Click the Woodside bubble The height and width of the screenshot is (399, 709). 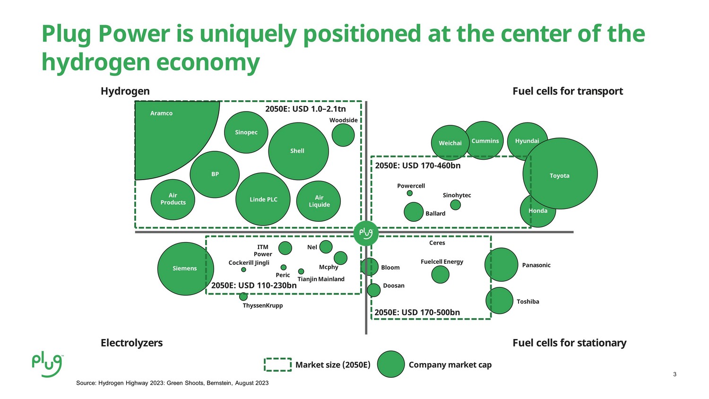(x=343, y=135)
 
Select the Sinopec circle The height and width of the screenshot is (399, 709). (x=246, y=132)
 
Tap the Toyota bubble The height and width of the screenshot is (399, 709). (x=560, y=173)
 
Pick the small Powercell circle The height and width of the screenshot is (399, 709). (x=410, y=193)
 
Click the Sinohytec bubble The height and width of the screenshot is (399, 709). (x=456, y=205)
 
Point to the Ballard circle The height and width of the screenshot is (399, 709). (x=414, y=212)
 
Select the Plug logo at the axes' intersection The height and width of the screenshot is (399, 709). (x=366, y=234)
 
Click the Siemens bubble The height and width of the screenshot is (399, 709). (x=185, y=269)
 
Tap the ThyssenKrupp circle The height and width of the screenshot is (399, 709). (x=243, y=297)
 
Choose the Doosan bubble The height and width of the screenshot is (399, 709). (x=374, y=290)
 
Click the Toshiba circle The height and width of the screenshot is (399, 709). (x=500, y=301)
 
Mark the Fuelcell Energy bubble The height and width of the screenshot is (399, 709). (x=440, y=275)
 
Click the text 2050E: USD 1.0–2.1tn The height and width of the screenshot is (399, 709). (x=305, y=109)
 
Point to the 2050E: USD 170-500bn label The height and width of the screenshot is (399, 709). (x=417, y=312)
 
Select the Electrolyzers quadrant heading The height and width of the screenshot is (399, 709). (x=132, y=343)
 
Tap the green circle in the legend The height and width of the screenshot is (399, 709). (x=391, y=364)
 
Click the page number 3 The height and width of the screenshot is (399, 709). (x=674, y=374)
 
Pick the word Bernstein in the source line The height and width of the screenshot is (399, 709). (x=219, y=383)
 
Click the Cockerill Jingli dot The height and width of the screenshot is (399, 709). (x=243, y=270)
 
